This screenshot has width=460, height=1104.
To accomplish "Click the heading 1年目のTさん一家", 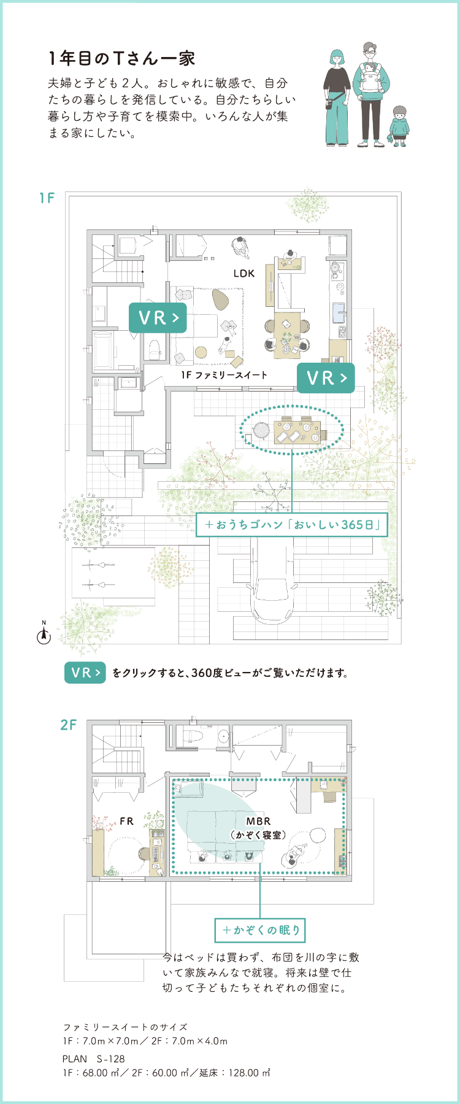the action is tap(121, 58).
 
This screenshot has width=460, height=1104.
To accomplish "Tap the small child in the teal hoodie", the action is tap(399, 125).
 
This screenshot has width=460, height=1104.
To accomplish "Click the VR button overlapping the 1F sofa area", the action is tap(158, 318).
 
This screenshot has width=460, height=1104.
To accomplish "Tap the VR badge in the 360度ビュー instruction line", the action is tap(85, 673).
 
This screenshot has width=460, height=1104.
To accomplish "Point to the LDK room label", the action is tap(243, 274).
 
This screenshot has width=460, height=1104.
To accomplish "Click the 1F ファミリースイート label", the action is tap(224, 375).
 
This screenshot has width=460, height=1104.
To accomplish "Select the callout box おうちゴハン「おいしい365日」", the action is tap(292, 525).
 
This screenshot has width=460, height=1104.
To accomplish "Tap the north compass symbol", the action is tap(44, 635).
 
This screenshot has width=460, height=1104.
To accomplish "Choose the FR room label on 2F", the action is tap(126, 821).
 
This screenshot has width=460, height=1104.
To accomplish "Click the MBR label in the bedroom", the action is tap(258, 821).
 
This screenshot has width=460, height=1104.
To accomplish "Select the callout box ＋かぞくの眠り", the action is tap(260, 930).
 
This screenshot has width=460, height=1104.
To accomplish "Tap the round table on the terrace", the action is tap(261, 430).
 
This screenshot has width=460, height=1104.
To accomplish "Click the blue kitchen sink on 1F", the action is tap(339, 313).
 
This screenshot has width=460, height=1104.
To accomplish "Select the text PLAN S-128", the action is tap(93, 1059).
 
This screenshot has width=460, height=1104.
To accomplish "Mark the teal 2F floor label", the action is tap(68, 725).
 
